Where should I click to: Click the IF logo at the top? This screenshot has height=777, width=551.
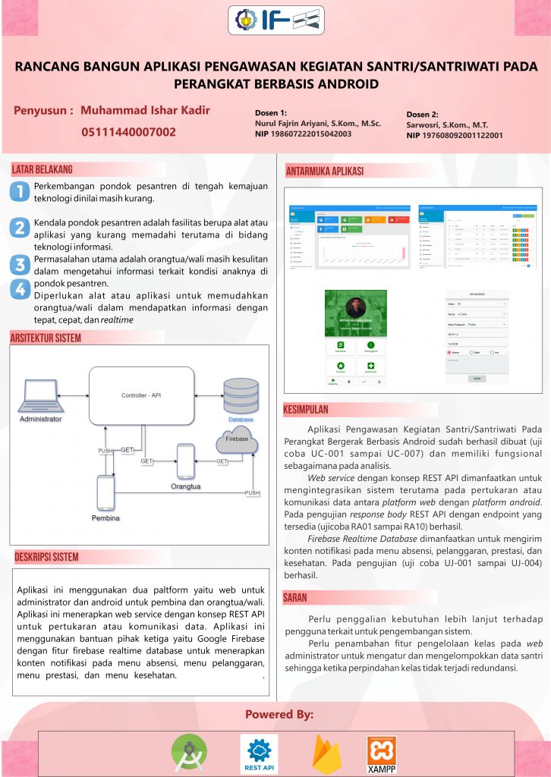(275, 20)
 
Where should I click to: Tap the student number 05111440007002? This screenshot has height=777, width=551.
(128, 132)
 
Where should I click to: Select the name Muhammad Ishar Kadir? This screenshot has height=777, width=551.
(145, 110)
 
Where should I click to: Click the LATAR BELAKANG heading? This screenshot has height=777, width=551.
(43, 168)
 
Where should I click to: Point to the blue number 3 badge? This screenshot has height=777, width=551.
(20, 265)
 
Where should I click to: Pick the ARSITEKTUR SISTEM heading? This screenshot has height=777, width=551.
(46, 338)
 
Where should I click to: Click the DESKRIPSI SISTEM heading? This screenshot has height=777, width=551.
(46, 557)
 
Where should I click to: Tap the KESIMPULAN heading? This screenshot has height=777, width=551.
(306, 410)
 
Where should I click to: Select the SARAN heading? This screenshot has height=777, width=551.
(295, 598)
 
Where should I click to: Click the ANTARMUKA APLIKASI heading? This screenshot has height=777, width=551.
(325, 171)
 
